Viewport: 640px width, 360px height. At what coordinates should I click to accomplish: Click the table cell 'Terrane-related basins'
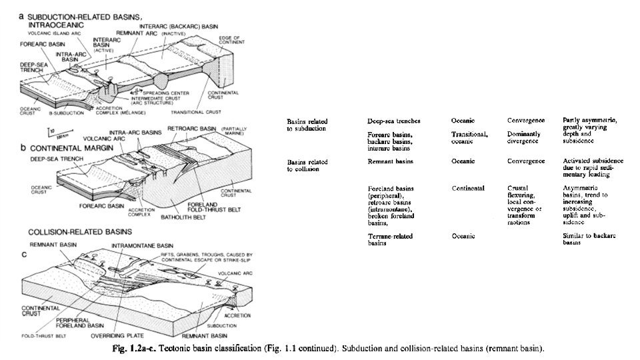(x=390, y=239)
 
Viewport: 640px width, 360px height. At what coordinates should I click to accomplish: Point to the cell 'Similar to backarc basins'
(x=587, y=239)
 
